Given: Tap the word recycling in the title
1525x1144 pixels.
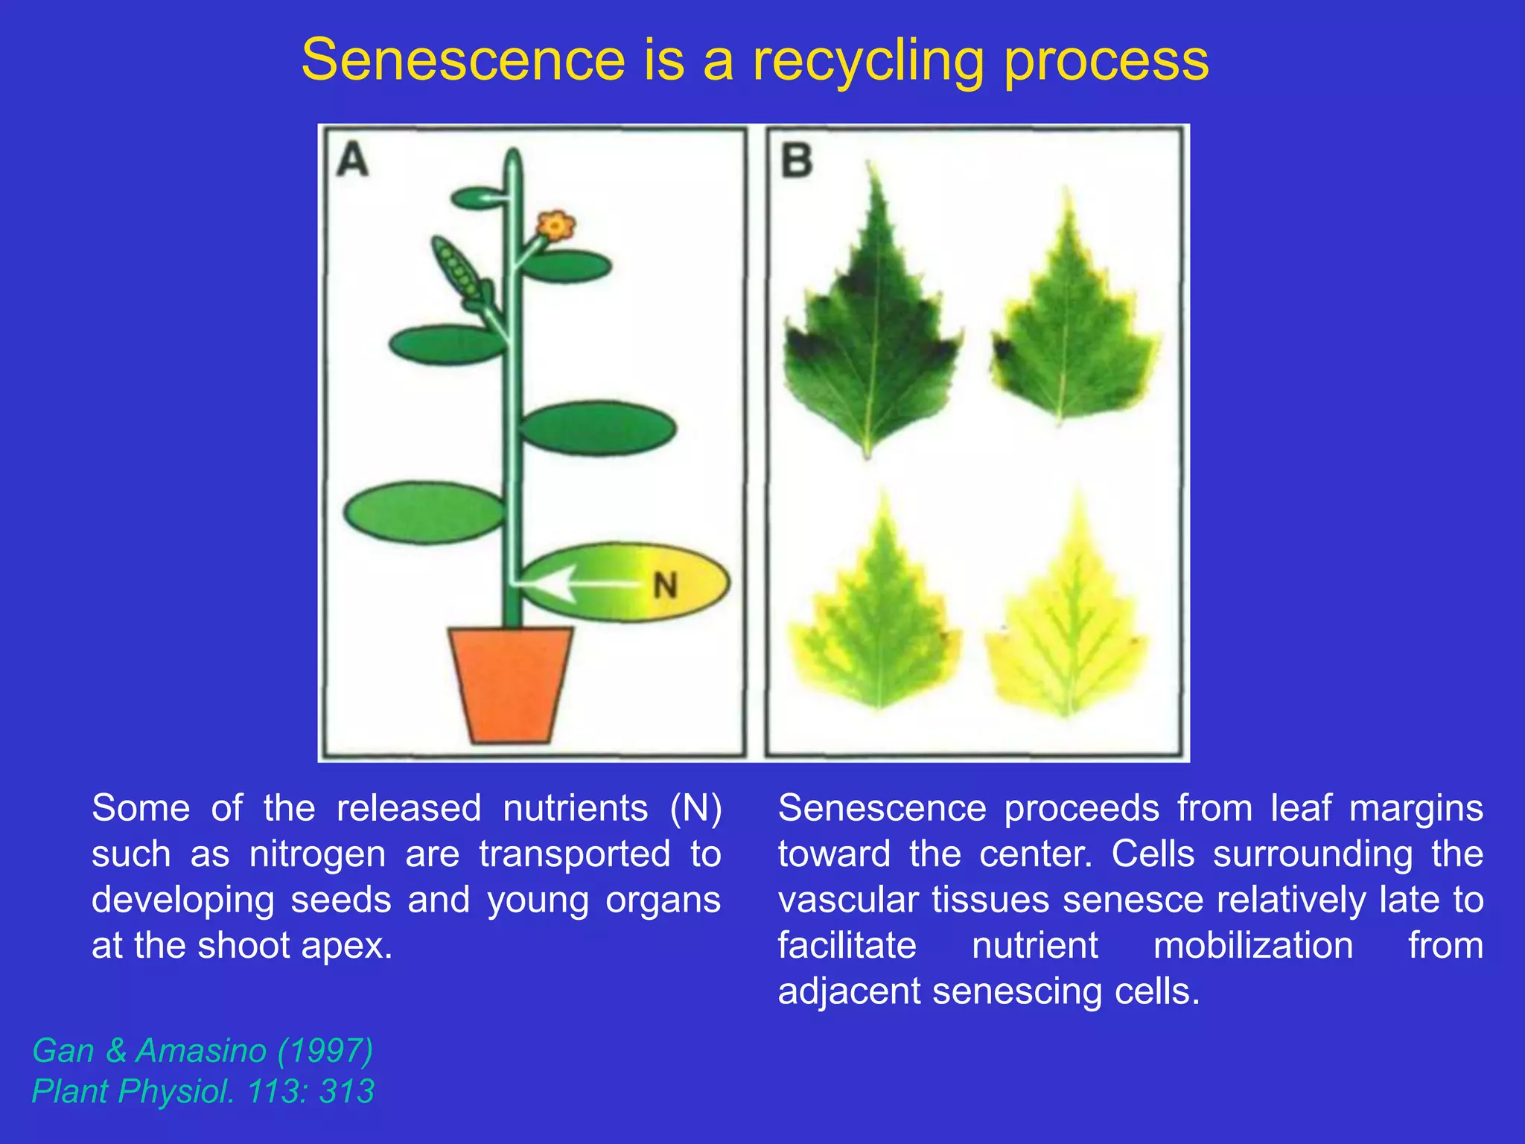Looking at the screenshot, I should coord(868,61).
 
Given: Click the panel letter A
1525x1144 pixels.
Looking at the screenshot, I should coord(352,160).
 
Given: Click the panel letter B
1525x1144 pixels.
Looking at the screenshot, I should coord(796,161).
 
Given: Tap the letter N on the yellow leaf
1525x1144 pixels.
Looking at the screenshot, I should coord(665,585).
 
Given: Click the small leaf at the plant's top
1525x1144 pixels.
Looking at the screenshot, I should coord(477,198).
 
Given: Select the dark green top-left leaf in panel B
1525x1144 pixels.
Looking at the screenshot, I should coord(869,328).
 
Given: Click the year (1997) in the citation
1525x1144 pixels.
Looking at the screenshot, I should coord(325,1051).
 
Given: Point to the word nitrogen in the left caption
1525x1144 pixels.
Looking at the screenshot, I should coord(317,854).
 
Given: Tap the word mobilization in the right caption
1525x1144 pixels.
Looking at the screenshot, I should coord(1252,946).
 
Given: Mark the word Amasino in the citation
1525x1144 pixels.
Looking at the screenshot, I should coord(200,1051).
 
